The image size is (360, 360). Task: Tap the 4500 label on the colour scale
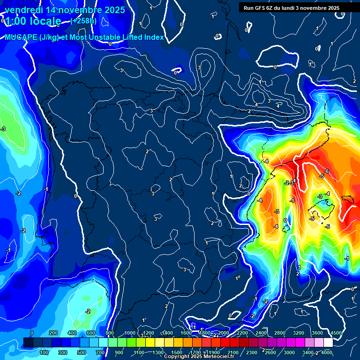[336, 333]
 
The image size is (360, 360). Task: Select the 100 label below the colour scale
[45, 352]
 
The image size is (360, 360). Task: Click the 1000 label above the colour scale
[129, 333]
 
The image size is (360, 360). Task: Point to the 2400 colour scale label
[261, 333]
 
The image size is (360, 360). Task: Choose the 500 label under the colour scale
[82, 352]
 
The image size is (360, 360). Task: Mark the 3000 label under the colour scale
[289, 352]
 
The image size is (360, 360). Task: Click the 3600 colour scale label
[317, 333]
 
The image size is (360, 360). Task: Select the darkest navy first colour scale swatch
[28, 343]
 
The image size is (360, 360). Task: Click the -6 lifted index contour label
[327, 171]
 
